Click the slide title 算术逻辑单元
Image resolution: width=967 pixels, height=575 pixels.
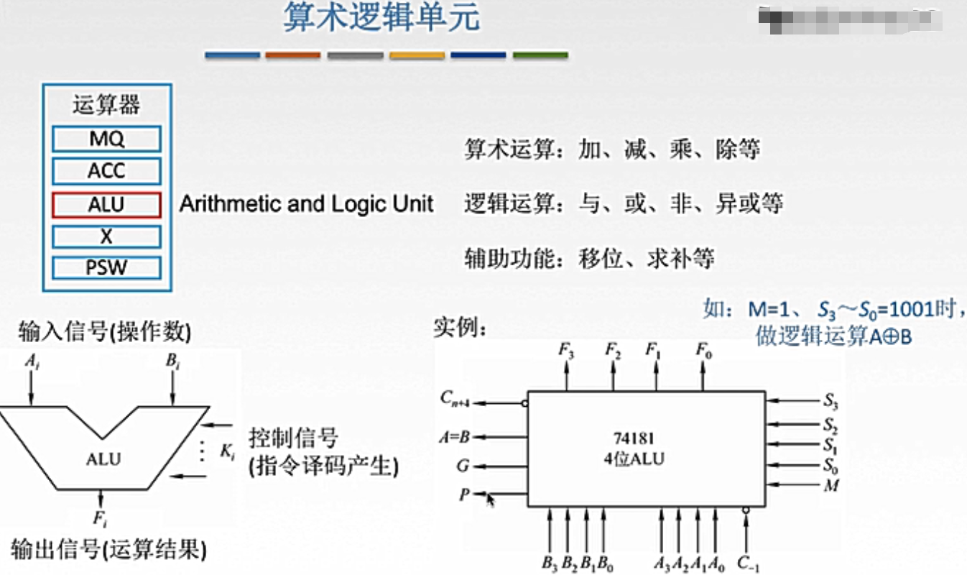click(x=381, y=19)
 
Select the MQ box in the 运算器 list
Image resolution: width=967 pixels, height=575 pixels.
click(x=106, y=139)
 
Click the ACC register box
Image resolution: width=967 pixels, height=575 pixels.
click(x=106, y=171)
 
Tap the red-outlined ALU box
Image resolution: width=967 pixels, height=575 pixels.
click(x=106, y=205)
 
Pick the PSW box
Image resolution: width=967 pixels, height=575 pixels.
click(x=106, y=269)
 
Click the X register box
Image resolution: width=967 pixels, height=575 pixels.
click(x=106, y=236)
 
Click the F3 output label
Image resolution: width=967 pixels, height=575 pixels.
click(x=566, y=351)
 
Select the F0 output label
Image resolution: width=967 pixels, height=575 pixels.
click(x=704, y=351)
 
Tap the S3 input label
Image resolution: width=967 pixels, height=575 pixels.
click(x=831, y=401)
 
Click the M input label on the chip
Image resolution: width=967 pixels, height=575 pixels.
click(x=832, y=486)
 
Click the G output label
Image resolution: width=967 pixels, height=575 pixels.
click(x=463, y=466)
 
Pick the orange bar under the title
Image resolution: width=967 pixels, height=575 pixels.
click(x=292, y=55)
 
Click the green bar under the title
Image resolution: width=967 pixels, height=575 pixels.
click(x=540, y=55)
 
